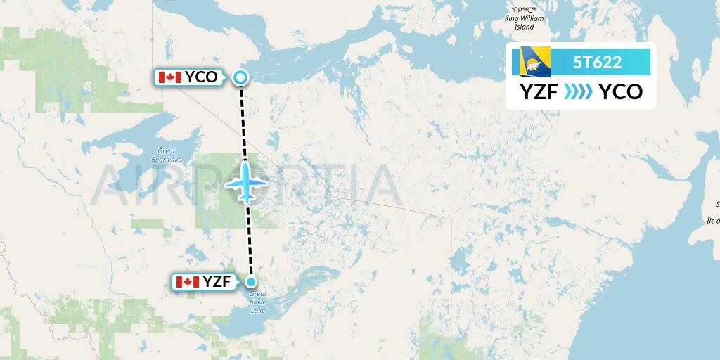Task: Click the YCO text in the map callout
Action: coord(202,77)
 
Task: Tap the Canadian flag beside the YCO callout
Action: coord(170,77)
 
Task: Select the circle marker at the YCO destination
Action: coord(240,77)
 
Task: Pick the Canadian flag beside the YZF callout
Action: coord(187,282)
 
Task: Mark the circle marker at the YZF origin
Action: coord(251,282)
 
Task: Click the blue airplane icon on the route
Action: coord(246,183)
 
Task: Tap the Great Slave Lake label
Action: coord(258,302)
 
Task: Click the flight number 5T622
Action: coord(597,62)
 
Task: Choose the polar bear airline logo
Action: coord(535,62)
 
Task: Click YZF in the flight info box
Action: coord(539,92)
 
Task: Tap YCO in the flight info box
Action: coord(621,92)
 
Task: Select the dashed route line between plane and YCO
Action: coord(243,120)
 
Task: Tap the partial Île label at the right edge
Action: coord(713,219)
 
